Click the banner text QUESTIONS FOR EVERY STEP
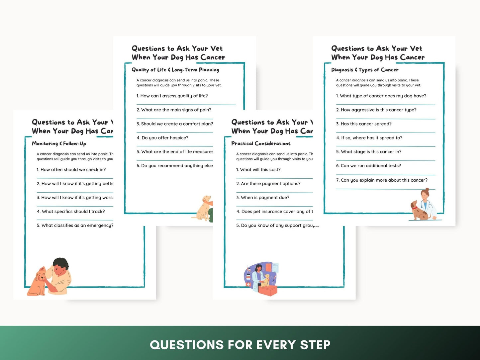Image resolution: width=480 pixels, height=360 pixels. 240,345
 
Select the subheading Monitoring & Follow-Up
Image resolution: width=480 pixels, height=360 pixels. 59,143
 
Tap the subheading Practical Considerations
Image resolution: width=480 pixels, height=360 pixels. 261,143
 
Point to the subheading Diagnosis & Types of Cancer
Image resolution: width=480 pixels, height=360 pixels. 365,70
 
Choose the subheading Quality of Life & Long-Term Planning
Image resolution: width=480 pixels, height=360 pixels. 175,70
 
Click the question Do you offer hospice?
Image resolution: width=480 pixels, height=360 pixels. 162,138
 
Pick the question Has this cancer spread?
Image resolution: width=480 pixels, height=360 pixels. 364,124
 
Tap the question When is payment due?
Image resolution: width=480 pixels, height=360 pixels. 262,198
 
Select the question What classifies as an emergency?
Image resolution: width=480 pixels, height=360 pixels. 75,225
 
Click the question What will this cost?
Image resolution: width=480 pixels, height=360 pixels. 258,170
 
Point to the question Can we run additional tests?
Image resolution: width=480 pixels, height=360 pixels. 368,166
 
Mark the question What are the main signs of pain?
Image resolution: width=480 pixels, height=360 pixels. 174,110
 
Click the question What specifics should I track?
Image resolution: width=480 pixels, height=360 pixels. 71,212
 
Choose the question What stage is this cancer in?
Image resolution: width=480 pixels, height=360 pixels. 369,152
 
